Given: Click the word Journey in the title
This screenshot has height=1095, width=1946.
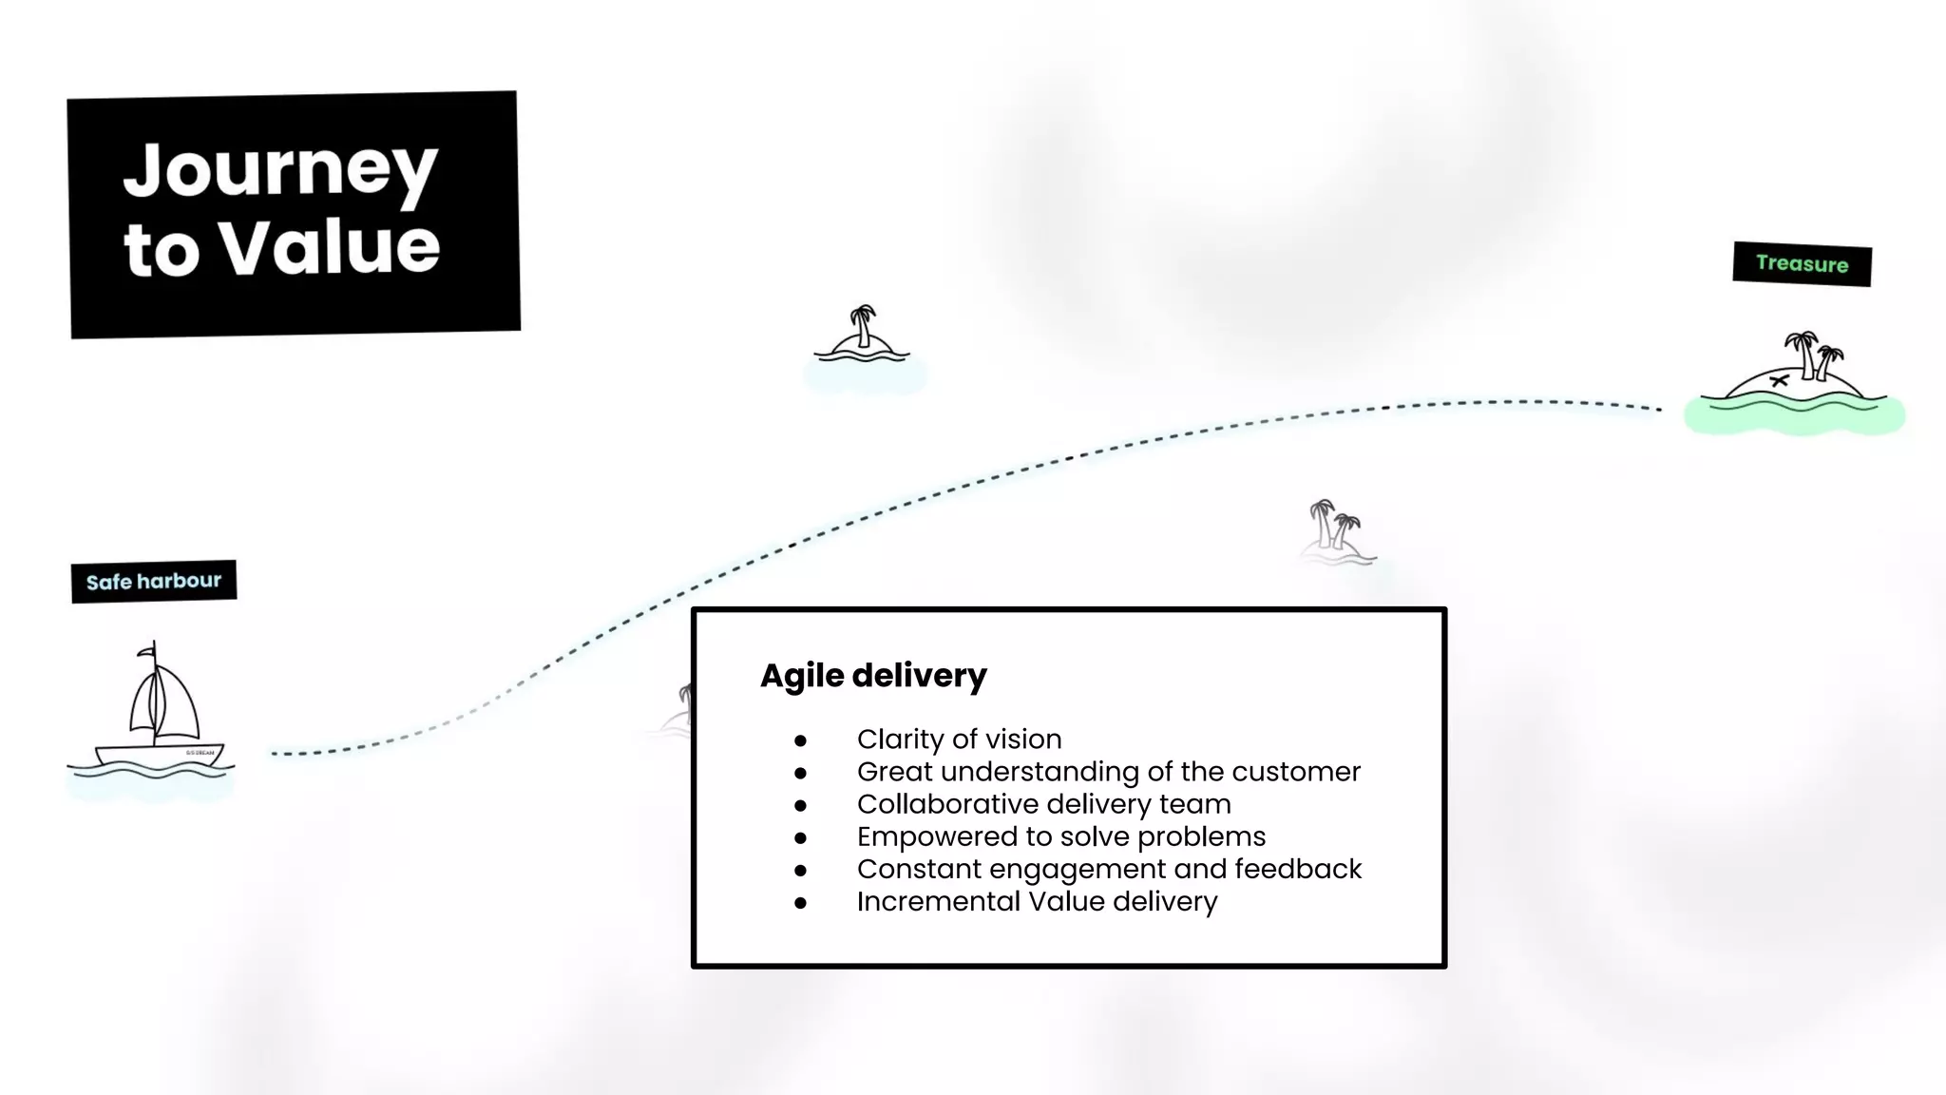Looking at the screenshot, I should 280,171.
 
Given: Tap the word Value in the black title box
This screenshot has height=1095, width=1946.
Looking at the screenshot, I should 330,248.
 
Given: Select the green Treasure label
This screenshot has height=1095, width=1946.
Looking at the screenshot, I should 1802,263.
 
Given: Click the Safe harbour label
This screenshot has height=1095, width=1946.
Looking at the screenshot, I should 154,581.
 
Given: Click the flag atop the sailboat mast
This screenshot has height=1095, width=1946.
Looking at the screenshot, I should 146,651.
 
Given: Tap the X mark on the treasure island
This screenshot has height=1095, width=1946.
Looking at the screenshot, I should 1779,381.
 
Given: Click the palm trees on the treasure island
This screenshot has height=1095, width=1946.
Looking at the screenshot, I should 1813,354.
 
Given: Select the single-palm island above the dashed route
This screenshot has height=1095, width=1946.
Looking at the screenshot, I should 862,336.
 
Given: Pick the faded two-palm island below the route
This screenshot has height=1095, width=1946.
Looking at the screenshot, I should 1336,533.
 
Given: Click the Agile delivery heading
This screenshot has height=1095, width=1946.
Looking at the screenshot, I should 873,676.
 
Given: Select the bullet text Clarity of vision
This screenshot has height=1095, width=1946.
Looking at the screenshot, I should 959,740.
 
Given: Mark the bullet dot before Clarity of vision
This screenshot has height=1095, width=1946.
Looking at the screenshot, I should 801,740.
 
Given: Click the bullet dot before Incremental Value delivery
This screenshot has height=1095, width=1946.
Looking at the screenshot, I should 801,903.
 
